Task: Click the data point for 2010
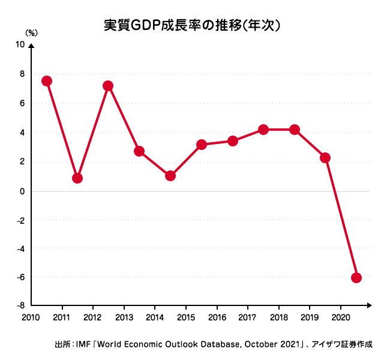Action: [x=46, y=81]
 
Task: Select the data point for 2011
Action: [x=77, y=178]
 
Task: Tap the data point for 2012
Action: [x=109, y=86]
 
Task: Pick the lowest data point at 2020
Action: [x=356, y=278]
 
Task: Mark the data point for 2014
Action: [x=170, y=176]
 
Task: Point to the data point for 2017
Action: [x=263, y=130]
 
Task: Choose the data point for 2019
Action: [x=325, y=158]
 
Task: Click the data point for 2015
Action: [x=202, y=145]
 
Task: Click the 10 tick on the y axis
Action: [x=20, y=45]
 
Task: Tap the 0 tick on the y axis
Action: [x=22, y=191]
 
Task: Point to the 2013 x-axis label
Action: [x=124, y=317]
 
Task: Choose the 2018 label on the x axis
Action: [x=278, y=317]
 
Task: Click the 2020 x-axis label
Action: [x=340, y=317]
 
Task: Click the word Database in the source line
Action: [x=208, y=345]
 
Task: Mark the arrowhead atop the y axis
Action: [x=31, y=45]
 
